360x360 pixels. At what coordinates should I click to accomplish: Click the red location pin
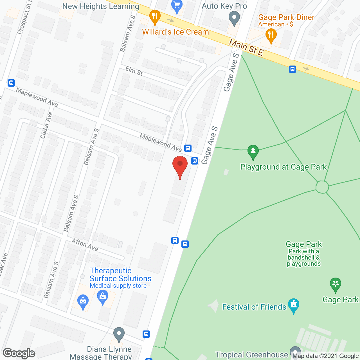(x=180, y=166)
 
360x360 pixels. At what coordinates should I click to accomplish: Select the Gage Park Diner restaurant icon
(x=271, y=36)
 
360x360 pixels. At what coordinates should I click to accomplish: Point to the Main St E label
(x=246, y=48)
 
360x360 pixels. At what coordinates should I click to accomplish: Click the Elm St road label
(x=134, y=71)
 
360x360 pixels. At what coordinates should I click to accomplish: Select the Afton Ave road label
(x=85, y=245)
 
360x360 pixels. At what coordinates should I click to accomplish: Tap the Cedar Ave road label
(x=46, y=125)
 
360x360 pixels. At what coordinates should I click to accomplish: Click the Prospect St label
(x=24, y=18)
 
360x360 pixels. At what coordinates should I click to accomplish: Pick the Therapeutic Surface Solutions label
(x=120, y=275)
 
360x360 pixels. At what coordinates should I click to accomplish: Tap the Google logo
(x=19, y=353)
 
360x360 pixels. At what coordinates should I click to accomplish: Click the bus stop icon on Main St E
(x=292, y=69)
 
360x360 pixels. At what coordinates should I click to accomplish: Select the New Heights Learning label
(x=101, y=6)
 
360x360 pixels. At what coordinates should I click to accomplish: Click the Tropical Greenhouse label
(x=252, y=355)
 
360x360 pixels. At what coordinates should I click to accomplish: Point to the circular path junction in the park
(x=322, y=187)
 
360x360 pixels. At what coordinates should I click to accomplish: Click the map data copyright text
(x=326, y=356)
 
